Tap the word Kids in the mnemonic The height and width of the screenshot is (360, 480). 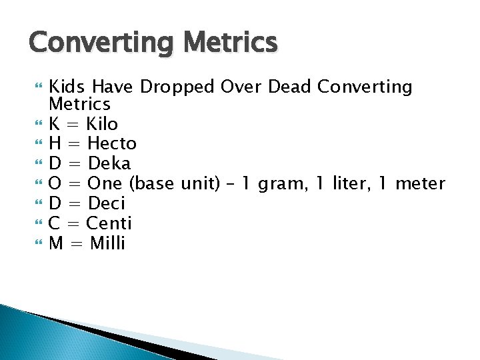(x=69, y=87)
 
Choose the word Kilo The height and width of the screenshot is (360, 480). (x=102, y=124)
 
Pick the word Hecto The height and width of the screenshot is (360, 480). (x=112, y=143)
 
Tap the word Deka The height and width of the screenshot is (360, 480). (x=109, y=163)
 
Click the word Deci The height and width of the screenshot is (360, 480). (x=107, y=203)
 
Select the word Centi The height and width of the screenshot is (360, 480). (x=109, y=223)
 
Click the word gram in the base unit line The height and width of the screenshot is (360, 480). (x=279, y=183)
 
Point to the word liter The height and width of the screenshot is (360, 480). (x=353, y=183)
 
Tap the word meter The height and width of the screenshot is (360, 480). (x=419, y=183)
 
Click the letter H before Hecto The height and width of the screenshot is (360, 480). (x=56, y=143)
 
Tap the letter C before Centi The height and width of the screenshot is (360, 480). (x=55, y=223)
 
